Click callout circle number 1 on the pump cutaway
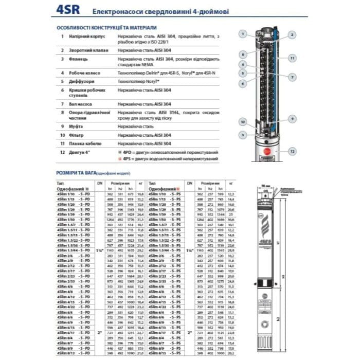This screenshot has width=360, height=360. click(x=241, y=34)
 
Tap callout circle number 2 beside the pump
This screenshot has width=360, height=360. click(x=292, y=34)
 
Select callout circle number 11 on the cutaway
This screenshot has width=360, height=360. click(x=292, y=59)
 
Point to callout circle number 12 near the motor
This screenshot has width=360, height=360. click(x=292, y=153)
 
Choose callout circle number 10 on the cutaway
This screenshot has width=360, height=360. click(x=241, y=122)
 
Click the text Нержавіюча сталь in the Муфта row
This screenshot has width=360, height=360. click(x=135, y=125)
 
